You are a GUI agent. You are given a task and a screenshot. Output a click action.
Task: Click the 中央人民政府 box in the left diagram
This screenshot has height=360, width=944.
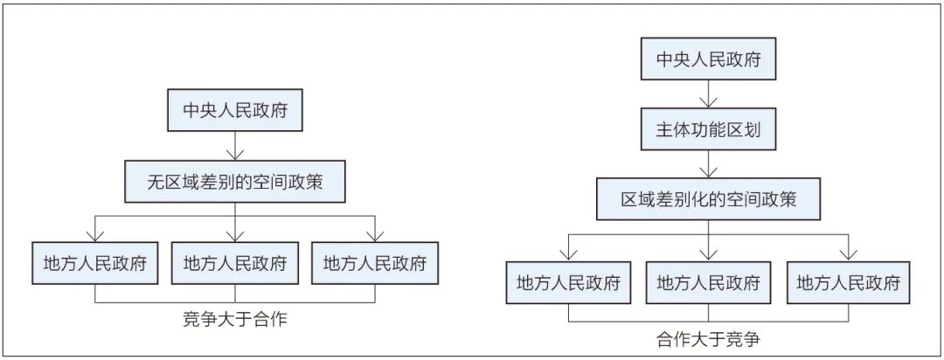pyautogui.click(x=234, y=111)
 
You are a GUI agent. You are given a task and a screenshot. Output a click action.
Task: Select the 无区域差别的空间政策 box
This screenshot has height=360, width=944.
pyautogui.click(x=235, y=182)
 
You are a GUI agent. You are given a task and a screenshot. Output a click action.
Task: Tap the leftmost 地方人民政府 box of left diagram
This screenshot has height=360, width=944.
pyautogui.click(x=95, y=263)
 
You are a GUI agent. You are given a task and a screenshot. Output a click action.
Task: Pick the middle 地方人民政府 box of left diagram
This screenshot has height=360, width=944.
pyautogui.click(x=235, y=263)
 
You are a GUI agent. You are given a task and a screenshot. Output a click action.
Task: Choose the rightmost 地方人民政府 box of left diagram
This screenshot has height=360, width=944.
pyautogui.click(x=375, y=263)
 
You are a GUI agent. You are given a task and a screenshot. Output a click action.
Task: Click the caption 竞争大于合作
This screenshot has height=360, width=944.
pyautogui.click(x=235, y=318)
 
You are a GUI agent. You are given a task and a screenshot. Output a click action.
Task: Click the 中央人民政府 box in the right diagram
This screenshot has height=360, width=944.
pyautogui.click(x=709, y=59)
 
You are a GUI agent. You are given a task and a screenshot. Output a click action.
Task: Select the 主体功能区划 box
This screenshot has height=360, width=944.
pyautogui.click(x=709, y=129)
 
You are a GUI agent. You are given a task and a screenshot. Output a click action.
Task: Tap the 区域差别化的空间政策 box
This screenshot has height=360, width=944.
pyautogui.click(x=709, y=199)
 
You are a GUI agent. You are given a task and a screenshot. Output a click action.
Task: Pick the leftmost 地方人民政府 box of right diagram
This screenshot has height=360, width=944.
pyautogui.click(x=568, y=281)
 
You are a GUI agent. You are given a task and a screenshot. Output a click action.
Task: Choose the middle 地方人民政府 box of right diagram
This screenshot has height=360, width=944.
pyautogui.click(x=709, y=281)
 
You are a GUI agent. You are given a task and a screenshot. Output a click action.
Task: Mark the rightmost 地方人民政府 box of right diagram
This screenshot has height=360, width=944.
pyautogui.click(x=848, y=281)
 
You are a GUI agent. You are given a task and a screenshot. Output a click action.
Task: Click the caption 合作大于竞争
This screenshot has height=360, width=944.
pyautogui.click(x=709, y=339)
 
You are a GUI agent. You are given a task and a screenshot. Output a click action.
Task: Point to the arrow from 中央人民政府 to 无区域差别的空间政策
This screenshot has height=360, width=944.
pyautogui.click(x=235, y=146)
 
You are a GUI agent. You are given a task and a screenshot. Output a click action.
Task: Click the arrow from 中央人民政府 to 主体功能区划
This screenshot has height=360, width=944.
pyautogui.click(x=709, y=94)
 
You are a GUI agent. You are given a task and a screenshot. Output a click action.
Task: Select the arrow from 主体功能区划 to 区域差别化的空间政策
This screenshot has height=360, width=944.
pyautogui.click(x=709, y=164)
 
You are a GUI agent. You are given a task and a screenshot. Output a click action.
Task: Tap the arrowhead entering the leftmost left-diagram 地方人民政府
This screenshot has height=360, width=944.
pyautogui.click(x=95, y=237)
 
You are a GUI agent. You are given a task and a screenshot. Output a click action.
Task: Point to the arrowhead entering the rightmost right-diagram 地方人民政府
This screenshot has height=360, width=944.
pyautogui.click(x=848, y=255)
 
